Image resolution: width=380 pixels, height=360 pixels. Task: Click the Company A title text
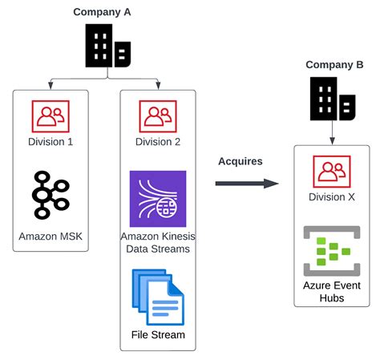tap(102, 11)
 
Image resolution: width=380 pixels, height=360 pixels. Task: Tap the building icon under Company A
tap(107, 47)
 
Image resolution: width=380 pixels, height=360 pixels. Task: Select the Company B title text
tap(334, 64)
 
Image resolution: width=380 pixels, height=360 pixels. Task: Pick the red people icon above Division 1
tap(49, 116)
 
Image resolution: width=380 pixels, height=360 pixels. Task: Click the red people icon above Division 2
tap(158, 116)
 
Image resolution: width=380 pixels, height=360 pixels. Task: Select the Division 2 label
tap(158, 142)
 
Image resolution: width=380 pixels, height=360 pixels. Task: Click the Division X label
tap(332, 197)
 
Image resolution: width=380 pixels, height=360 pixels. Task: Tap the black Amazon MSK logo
tap(50, 193)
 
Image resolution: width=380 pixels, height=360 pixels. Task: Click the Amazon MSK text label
tap(50, 236)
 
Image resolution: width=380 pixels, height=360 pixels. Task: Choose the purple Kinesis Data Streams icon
tap(158, 199)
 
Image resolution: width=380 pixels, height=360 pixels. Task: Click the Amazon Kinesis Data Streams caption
tap(158, 243)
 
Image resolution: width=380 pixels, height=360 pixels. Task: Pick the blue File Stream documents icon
tap(158, 296)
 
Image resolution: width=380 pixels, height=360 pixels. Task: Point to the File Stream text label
tap(158, 334)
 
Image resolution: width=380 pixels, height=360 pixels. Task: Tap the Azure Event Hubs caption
tap(332, 292)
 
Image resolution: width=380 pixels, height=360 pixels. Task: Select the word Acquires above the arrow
tap(241, 162)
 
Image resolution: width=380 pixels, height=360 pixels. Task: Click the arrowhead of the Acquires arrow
tap(272, 183)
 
